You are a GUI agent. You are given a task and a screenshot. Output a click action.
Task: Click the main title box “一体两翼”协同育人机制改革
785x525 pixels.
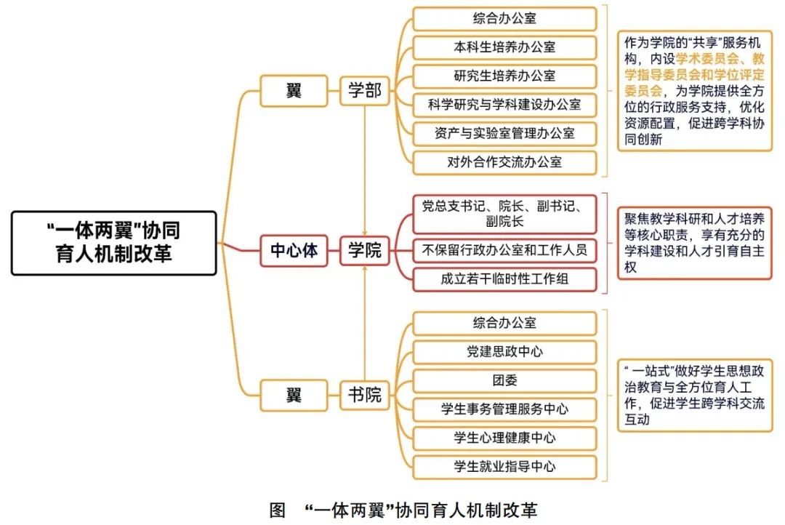click(114, 243)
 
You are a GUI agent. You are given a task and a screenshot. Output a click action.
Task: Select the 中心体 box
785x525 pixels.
click(294, 251)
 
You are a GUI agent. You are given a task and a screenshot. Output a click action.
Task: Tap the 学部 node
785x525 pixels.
click(363, 92)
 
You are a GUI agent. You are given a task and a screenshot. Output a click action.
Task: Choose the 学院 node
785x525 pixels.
click(363, 251)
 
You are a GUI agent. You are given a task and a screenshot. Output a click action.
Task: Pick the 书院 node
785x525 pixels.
click(363, 396)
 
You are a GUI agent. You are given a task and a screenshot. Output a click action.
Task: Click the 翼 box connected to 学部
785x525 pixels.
click(294, 92)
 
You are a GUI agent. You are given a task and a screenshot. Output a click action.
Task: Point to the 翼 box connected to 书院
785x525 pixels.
click(294, 396)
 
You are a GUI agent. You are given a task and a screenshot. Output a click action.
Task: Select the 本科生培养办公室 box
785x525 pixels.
click(504, 47)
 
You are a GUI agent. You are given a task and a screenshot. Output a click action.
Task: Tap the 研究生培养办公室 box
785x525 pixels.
click(504, 76)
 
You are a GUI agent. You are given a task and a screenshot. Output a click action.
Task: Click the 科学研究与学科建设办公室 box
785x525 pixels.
click(504, 105)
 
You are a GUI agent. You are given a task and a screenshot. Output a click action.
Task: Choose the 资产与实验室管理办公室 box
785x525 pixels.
click(504, 134)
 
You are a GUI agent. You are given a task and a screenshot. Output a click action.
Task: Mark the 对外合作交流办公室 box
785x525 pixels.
click(504, 162)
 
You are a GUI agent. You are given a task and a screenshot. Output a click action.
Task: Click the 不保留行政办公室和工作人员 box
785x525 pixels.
click(504, 251)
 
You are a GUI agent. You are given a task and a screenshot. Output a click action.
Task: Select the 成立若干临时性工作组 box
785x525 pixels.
click(504, 280)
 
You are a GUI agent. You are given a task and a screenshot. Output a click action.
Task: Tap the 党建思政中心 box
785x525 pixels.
click(504, 352)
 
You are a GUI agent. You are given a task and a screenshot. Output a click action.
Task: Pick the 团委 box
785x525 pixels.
click(504, 380)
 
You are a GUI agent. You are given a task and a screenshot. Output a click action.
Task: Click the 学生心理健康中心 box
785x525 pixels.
click(504, 438)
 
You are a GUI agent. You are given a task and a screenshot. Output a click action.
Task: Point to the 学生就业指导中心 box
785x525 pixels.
click(504, 467)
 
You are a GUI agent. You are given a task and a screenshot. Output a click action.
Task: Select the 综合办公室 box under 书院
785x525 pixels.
click(504, 323)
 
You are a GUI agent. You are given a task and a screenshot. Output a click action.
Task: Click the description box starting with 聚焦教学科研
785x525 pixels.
click(694, 243)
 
